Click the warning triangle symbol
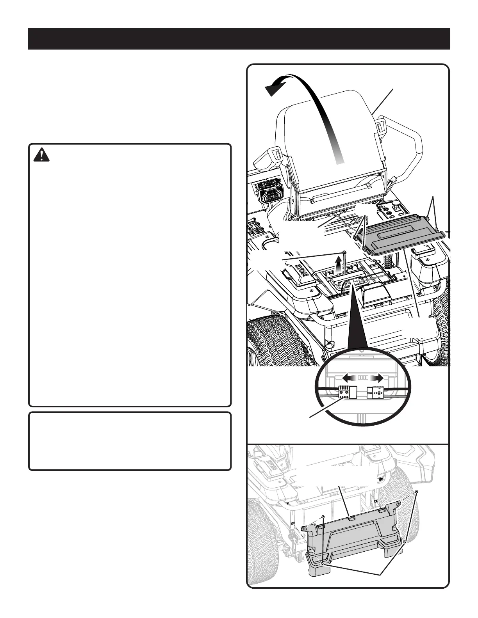(41, 155)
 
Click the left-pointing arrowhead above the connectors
(346, 378)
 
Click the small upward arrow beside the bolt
(339, 266)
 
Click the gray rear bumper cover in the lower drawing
(351, 542)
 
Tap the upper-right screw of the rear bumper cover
(417, 491)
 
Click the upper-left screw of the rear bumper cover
(323, 517)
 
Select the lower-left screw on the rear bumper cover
(322, 565)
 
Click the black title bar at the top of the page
(239, 39)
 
